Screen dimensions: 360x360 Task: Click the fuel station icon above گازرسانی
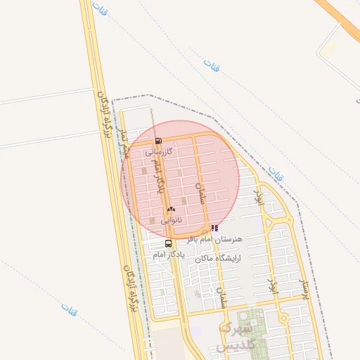[157, 141]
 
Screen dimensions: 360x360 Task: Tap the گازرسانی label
[159, 151]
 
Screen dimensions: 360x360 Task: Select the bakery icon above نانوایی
[171, 210]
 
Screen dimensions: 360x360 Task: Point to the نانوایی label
[172, 220]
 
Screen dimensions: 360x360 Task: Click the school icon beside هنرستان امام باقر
[214, 228]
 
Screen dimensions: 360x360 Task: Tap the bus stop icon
[167, 243]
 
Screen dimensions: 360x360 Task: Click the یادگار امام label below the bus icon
[169, 255]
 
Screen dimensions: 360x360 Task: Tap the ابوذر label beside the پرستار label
[272, 285]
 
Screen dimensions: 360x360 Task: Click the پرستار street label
[304, 288]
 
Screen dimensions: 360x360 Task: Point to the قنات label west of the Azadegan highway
[69, 308]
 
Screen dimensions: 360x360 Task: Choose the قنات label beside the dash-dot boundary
[276, 174]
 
